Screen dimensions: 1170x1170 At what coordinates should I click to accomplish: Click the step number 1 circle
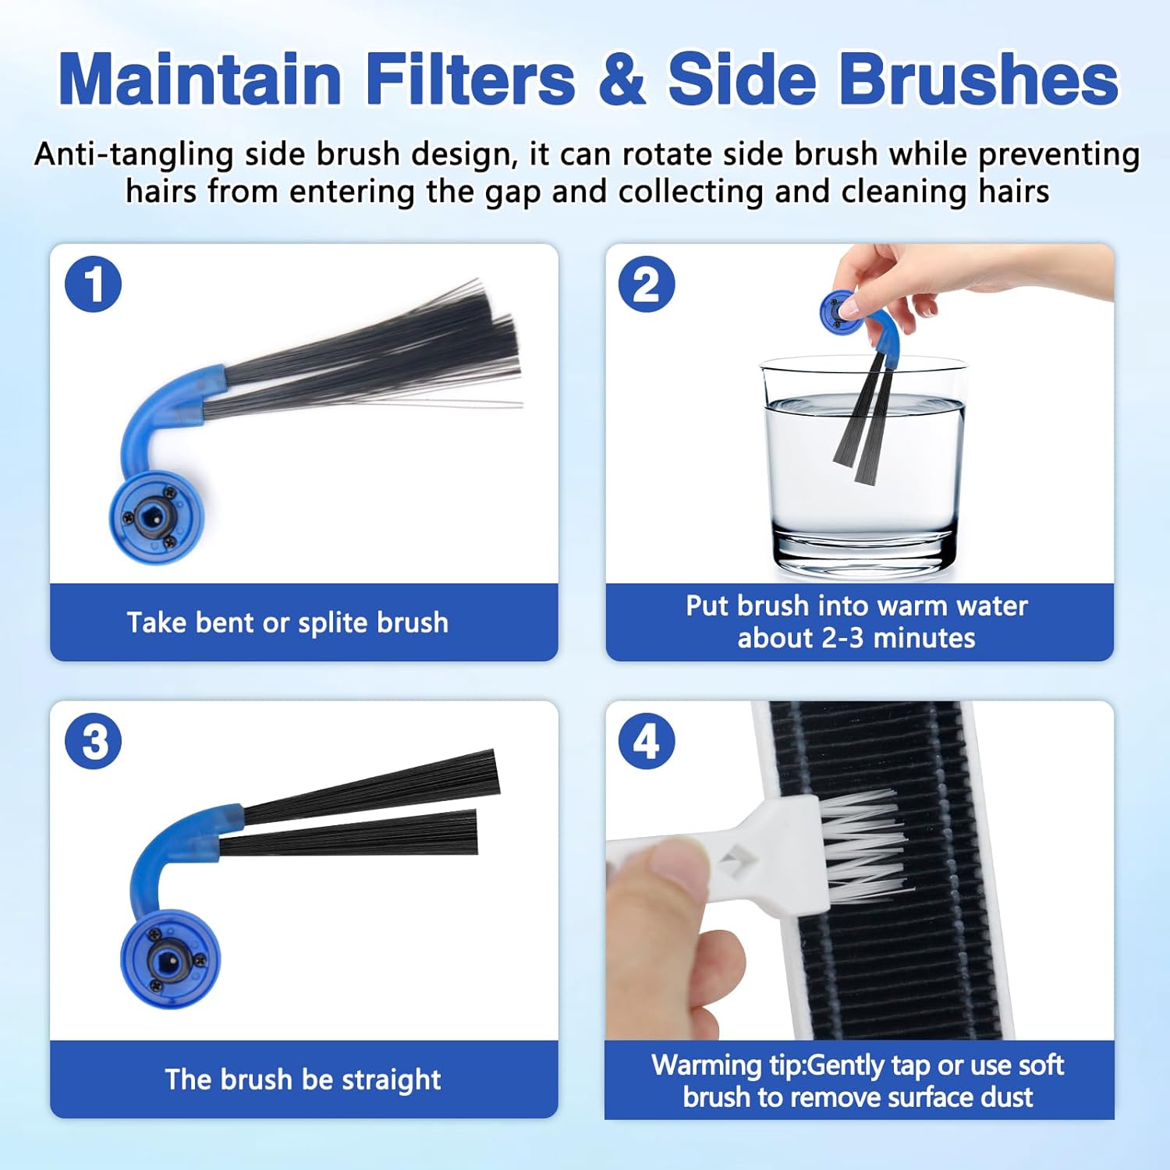coord(94,284)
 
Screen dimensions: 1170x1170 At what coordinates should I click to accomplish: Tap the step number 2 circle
coord(647,284)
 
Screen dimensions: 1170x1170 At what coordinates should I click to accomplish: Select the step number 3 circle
coord(94,741)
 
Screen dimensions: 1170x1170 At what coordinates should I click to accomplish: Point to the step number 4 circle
coord(647,741)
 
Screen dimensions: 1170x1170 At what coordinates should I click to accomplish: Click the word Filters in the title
coord(471,79)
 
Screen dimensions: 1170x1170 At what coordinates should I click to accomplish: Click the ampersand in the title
coord(622,80)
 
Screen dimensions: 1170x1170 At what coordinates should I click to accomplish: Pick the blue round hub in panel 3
coord(170,959)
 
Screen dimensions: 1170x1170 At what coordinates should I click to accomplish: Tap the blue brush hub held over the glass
coord(840,310)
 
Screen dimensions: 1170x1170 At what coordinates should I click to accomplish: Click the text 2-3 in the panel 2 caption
coord(842,638)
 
